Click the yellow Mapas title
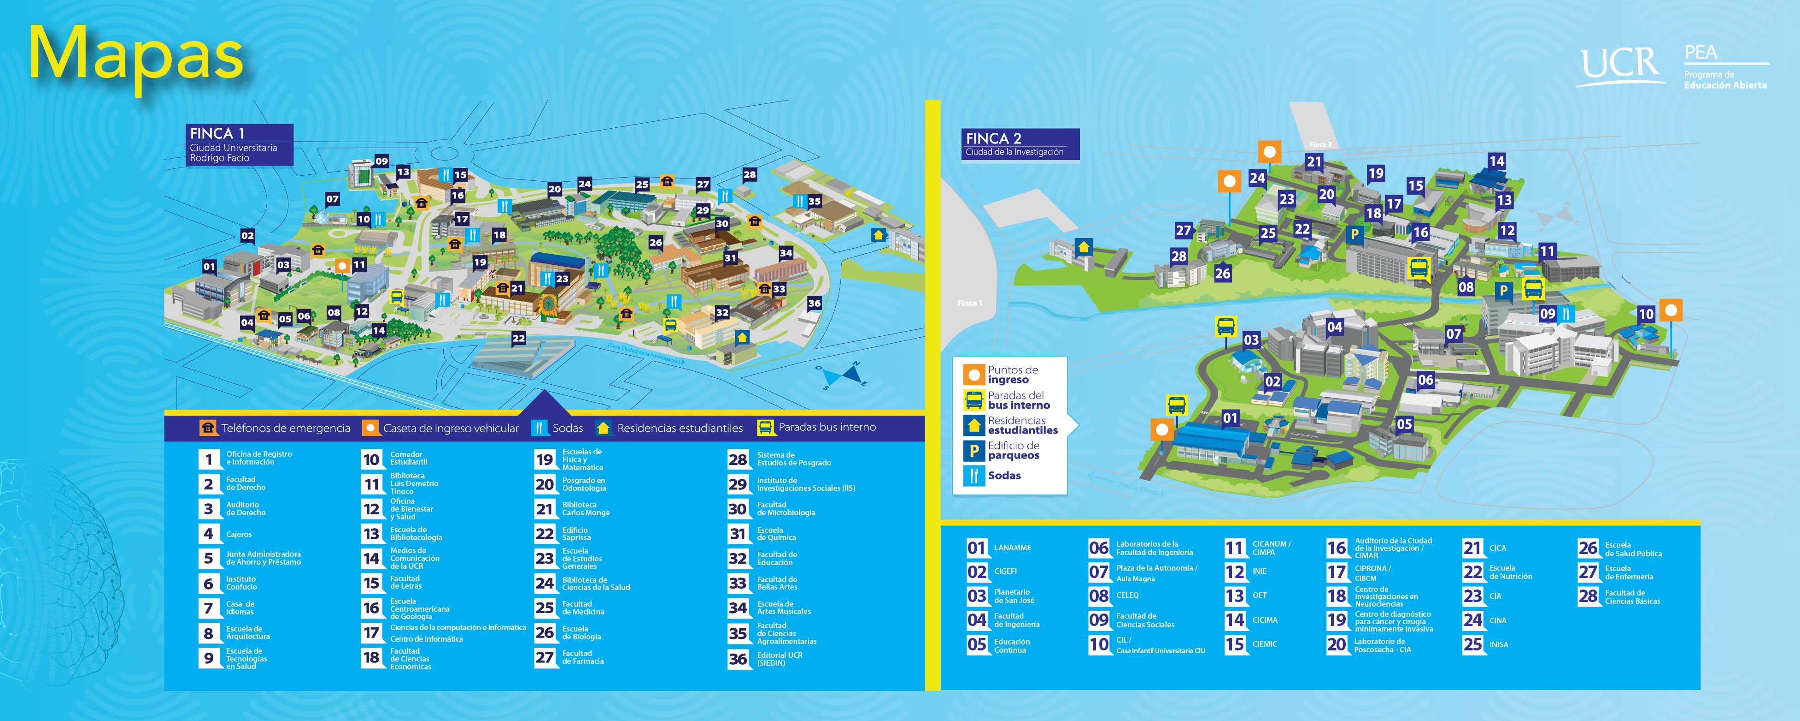(136, 54)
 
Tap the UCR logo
(1620, 64)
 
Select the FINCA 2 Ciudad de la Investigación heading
(1020, 144)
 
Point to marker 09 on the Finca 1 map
(381, 161)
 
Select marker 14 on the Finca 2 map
(1496, 161)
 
